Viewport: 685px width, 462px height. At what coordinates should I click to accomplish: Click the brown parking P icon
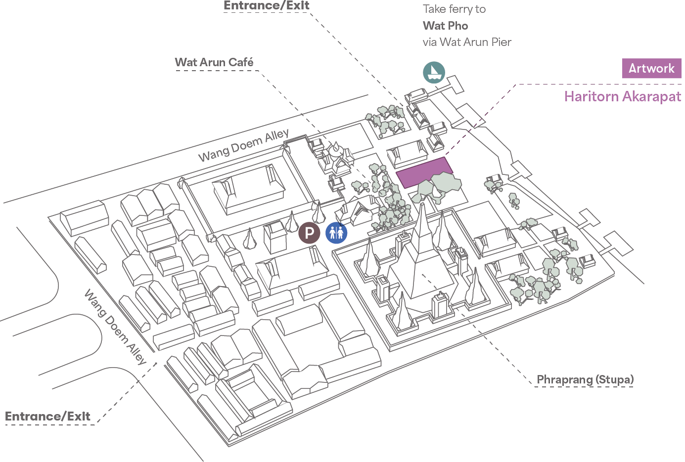pos(309,233)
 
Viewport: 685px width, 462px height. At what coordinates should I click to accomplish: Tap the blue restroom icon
pos(336,233)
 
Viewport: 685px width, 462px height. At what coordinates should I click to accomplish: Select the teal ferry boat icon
pos(434,73)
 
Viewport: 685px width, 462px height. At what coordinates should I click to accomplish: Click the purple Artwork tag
pos(651,68)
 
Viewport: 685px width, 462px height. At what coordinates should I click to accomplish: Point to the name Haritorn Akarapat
pos(622,96)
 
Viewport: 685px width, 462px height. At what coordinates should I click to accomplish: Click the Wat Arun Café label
pos(214,62)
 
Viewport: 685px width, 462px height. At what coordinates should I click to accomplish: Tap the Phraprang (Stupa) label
pos(585,379)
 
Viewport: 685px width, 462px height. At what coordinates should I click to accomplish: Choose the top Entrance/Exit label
pos(266,6)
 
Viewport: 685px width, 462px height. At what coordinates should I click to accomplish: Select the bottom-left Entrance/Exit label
pos(47,417)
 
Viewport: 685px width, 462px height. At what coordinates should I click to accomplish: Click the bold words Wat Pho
pos(445,26)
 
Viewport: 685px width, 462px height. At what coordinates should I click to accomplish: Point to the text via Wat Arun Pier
pos(466,42)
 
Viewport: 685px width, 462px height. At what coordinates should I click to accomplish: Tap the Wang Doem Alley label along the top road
pos(243,145)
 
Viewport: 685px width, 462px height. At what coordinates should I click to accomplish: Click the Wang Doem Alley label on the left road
pos(115,328)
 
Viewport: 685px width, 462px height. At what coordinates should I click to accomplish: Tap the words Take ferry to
pos(454,9)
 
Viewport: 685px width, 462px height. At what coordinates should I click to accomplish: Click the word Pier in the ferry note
pos(501,42)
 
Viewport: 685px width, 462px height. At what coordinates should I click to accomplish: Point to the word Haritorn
pos(591,96)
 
